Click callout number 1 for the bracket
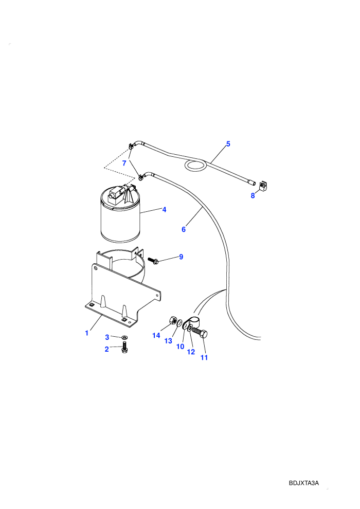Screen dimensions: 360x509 pos(87,333)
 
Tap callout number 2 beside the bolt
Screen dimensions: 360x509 pos(107,349)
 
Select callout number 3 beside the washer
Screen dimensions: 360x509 pos(107,337)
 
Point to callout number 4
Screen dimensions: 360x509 pos(164,210)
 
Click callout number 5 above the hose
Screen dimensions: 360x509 pos(228,144)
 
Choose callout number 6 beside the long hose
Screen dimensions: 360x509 pos(184,229)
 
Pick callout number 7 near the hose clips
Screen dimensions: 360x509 pos(124,163)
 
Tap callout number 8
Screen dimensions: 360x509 pos(253,196)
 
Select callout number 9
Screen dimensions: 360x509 pos(181,257)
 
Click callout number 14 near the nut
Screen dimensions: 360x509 pos(156,335)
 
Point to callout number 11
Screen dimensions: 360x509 pos(204,357)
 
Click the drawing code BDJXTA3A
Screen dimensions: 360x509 pos(304,483)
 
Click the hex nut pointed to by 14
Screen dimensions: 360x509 pos(173,320)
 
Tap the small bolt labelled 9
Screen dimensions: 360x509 pos(153,260)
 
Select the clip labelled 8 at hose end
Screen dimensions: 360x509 pos(263,186)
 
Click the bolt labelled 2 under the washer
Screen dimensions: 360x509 pos(124,348)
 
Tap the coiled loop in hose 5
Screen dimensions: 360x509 pos(195,166)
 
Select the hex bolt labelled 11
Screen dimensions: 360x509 pos(200,333)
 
